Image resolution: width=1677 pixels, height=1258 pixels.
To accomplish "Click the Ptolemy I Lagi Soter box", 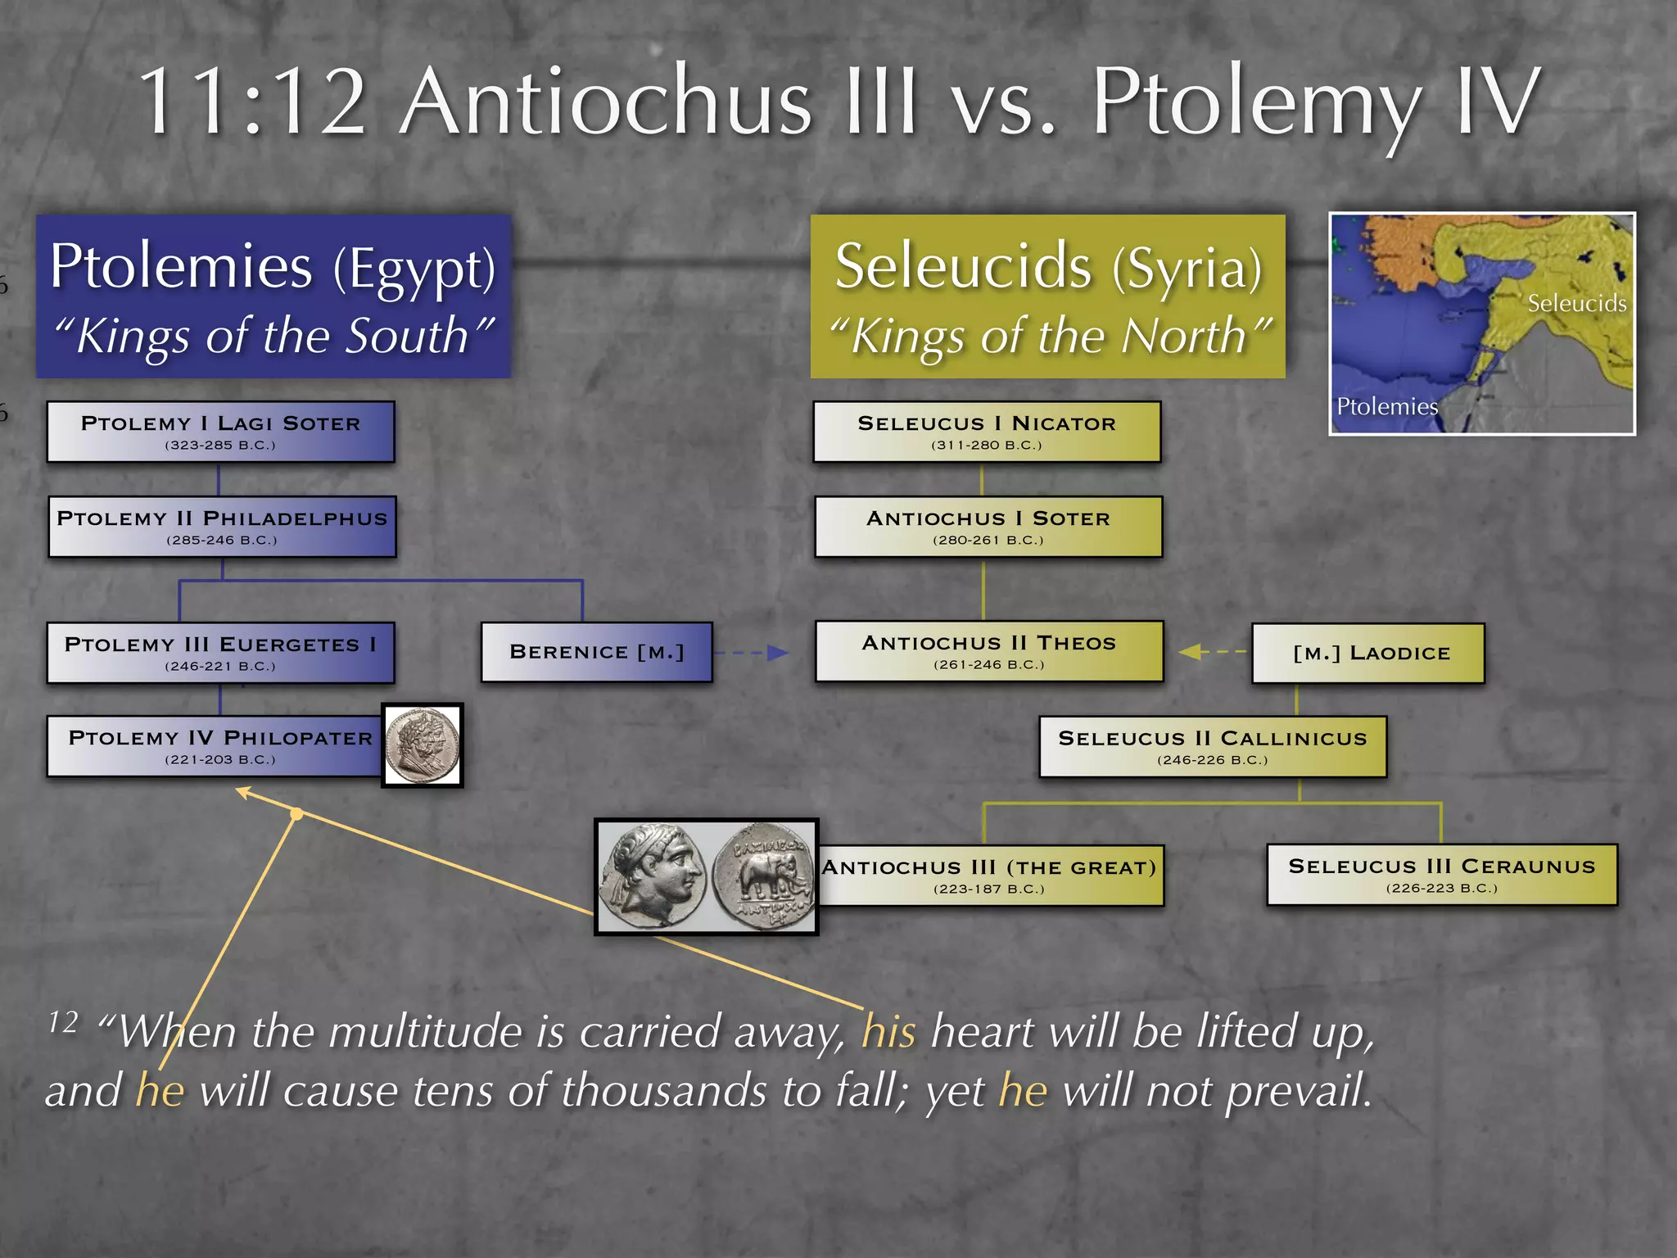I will (x=220, y=432).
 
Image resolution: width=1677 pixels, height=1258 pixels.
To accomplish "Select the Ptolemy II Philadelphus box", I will (x=222, y=527).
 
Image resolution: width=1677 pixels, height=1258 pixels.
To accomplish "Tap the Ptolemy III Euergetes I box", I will (x=220, y=653).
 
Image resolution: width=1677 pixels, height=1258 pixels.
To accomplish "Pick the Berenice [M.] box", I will (x=596, y=652).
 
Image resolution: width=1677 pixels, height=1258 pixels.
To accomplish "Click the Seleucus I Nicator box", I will (x=987, y=432).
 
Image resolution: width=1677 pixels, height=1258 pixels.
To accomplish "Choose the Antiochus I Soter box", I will (x=988, y=527).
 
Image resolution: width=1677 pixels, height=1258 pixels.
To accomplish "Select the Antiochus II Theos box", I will (x=988, y=651).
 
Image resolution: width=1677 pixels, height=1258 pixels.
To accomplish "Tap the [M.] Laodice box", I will (x=1368, y=653).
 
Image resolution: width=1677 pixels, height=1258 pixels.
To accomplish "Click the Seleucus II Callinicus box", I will (x=1213, y=746).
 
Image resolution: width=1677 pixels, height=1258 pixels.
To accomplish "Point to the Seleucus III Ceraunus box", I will (x=1442, y=874).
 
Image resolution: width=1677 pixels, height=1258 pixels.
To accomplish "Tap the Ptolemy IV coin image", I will (x=423, y=745).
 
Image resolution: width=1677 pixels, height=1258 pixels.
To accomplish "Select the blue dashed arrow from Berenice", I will (x=750, y=653).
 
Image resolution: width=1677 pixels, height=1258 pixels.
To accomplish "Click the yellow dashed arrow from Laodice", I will (x=1213, y=652).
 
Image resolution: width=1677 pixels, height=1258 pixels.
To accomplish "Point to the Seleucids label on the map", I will (x=1576, y=304).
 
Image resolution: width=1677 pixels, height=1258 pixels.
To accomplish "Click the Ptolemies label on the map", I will (x=1386, y=406).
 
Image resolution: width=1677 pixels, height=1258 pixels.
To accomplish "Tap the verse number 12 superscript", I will (x=63, y=1021).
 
